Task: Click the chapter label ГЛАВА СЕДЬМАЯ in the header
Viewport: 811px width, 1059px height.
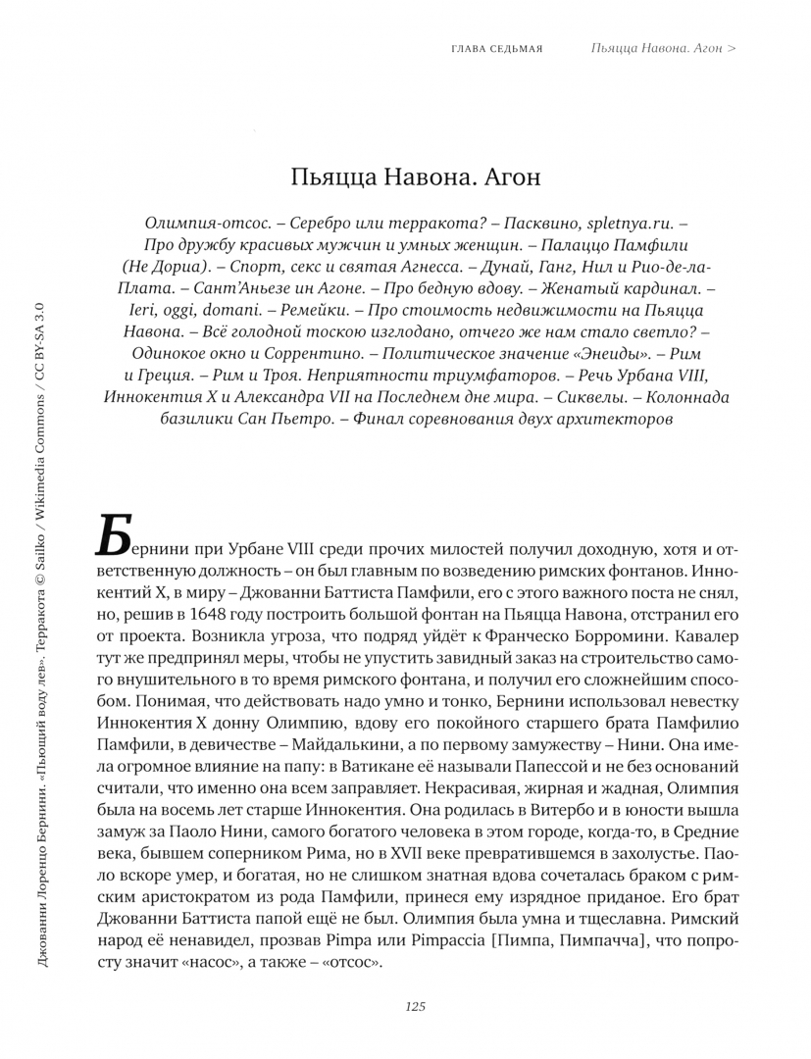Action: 497,48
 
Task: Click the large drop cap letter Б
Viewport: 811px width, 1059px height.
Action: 117,538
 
